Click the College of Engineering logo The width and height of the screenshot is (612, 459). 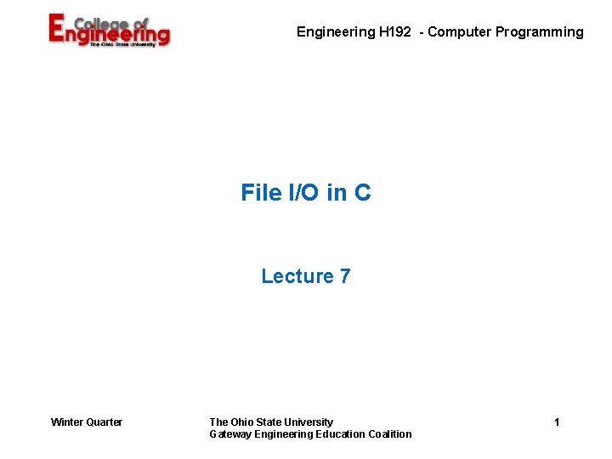109,31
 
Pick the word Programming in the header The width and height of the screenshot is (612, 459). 541,32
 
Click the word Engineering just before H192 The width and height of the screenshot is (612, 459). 335,32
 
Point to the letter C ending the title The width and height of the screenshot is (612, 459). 363,193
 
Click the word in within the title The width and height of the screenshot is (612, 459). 337,193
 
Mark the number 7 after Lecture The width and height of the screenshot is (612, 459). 344,276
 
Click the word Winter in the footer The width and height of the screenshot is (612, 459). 67,422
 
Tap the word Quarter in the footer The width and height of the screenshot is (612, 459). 105,422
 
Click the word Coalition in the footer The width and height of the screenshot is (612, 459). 390,434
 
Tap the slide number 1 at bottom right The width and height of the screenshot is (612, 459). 557,422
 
